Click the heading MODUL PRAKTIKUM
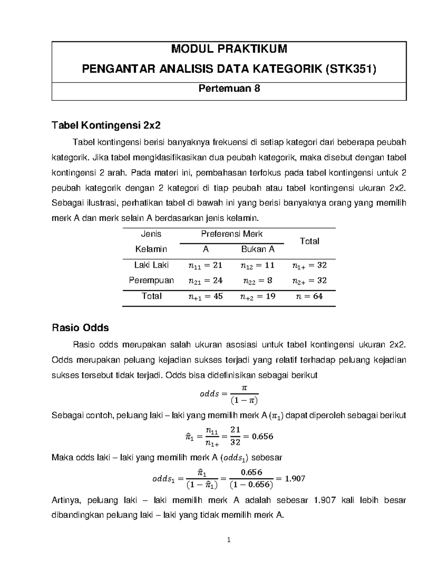229,49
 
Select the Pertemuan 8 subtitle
229,89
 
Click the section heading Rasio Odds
80,328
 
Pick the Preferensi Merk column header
231,234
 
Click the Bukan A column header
258,249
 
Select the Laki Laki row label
151,265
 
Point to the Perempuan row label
151,280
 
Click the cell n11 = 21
205,265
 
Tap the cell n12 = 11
258,265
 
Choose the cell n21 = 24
205,280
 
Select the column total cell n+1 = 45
205,296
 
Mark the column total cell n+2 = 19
258,296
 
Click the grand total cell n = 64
309,296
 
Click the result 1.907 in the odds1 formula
295,478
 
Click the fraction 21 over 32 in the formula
235,436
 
